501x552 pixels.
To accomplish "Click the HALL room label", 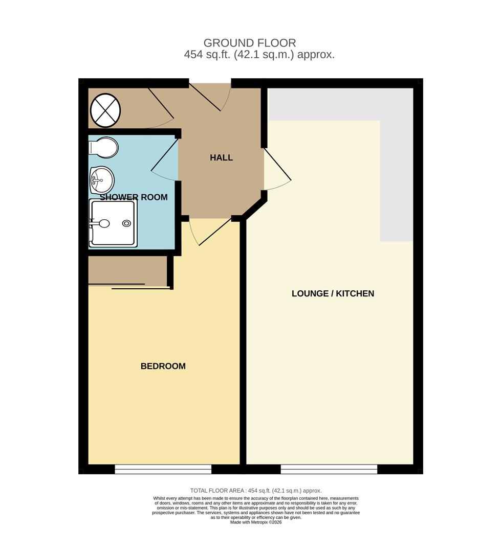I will coord(221,158).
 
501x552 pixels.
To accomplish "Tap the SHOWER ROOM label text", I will coord(134,197).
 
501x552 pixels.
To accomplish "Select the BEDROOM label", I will coord(163,366).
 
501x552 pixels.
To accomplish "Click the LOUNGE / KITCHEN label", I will coord(333,294).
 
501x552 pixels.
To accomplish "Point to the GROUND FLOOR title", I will coord(250,43).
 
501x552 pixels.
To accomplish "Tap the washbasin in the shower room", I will coord(102,180).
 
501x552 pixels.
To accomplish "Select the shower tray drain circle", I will coord(126,223).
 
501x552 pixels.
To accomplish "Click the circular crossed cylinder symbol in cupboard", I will coord(106,110).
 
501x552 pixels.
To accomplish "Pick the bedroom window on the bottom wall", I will coord(163,469).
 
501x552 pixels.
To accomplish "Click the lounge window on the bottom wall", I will coord(329,469).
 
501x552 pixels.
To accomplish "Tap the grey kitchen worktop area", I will coord(397,153).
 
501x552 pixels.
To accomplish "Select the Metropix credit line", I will coord(256,522).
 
